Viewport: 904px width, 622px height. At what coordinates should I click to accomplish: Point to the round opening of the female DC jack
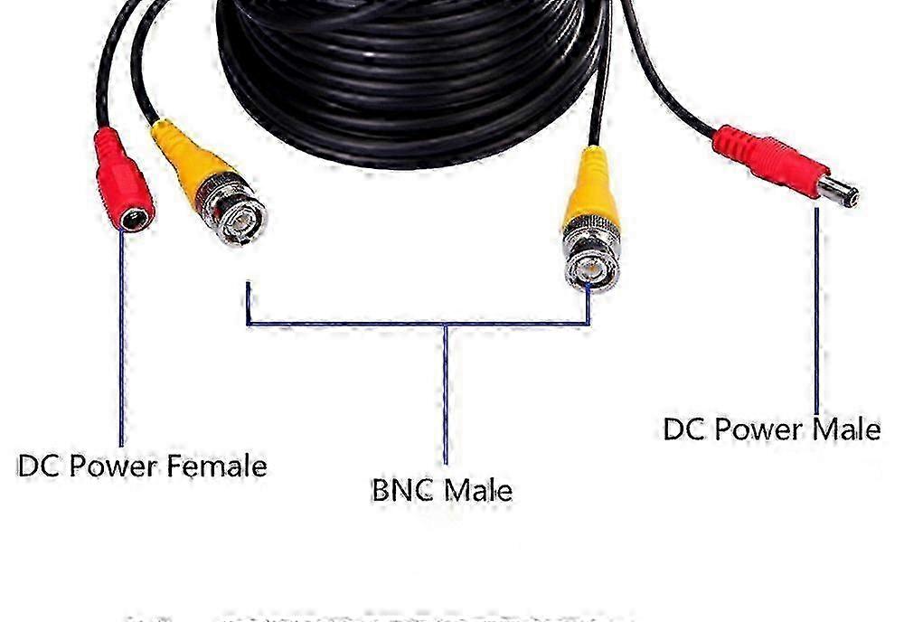138,218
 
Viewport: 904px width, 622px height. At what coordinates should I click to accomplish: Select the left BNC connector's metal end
237,214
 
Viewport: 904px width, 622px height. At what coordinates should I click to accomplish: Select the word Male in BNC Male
478,490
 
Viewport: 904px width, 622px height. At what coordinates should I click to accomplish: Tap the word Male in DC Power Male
846,428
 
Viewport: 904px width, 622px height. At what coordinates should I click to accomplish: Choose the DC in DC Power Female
39,466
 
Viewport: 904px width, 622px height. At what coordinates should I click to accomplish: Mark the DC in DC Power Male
683,428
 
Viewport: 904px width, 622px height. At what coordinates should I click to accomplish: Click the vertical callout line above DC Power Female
120,344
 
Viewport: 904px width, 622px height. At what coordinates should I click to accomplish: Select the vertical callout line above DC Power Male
816,316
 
